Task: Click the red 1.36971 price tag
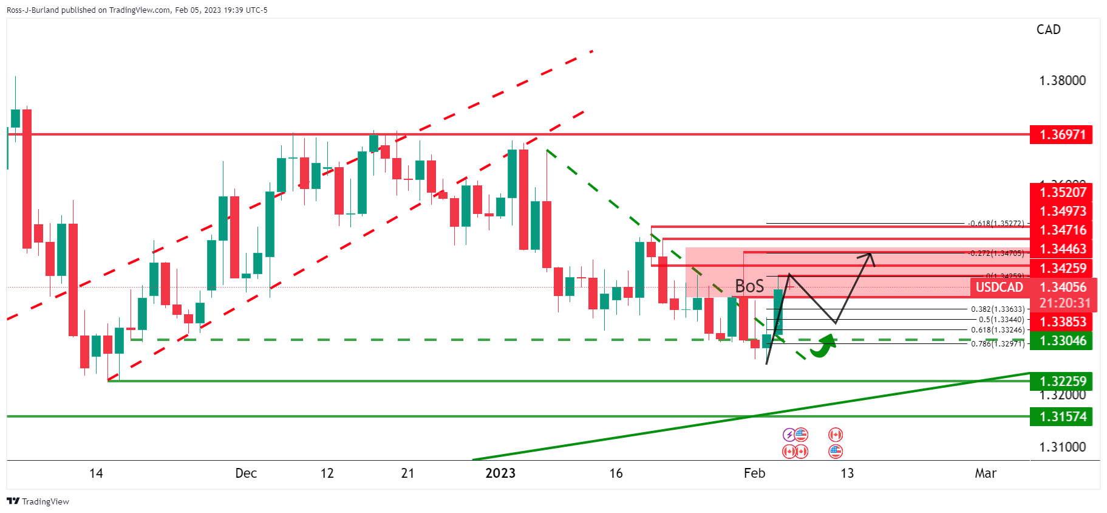point(1061,134)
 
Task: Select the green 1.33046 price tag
point(1061,340)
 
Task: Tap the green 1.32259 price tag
point(1061,381)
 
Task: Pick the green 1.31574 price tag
point(1061,416)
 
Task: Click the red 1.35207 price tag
point(1061,192)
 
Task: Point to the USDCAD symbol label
point(999,287)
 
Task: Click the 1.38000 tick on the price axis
point(1062,81)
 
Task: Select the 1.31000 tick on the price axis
point(1062,447)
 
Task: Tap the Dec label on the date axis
point(246,473)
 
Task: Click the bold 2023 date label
point(500,473)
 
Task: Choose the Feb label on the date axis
point(754,473)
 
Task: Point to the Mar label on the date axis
point(985,473)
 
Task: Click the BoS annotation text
point(749,286)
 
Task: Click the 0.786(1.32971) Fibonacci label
point(997,344)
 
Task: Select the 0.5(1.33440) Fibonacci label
point(1001,320)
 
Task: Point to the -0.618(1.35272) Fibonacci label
point(996,224)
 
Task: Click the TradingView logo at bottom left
point(38,501)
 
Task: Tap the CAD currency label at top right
point(1048,30)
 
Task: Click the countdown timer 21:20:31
point(1064,303)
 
